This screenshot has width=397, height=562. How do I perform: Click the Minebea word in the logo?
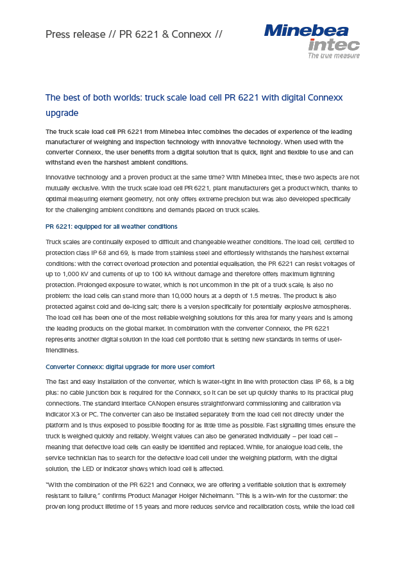coord(306,31)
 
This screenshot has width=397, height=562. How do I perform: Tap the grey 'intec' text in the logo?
coord(334,45)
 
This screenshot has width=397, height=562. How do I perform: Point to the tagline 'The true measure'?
coord(334,56)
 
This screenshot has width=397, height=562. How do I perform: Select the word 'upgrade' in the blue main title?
coord(62,113)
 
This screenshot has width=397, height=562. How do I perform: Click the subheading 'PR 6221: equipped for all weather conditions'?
coord(112,227)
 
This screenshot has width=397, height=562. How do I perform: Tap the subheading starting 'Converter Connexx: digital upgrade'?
coord(130,367)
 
